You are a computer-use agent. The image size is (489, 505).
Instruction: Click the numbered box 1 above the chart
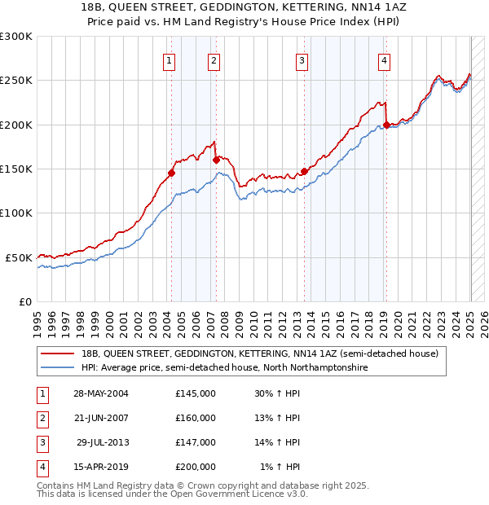(169, 59)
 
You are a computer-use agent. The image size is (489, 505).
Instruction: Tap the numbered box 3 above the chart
(302, 59)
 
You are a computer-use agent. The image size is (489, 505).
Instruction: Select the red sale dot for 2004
(171, 173)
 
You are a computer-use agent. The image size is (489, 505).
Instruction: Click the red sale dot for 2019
(385, 125)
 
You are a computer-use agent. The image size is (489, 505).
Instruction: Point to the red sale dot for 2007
(216, 160)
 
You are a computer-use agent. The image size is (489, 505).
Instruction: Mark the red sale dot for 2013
(304, 171)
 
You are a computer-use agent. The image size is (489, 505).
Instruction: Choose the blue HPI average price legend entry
(224, 367)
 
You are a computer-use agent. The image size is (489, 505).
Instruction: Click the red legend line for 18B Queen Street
(56, 353)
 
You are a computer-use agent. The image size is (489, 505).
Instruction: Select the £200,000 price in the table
(196, 467)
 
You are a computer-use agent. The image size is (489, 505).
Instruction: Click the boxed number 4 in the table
(40, 467)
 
